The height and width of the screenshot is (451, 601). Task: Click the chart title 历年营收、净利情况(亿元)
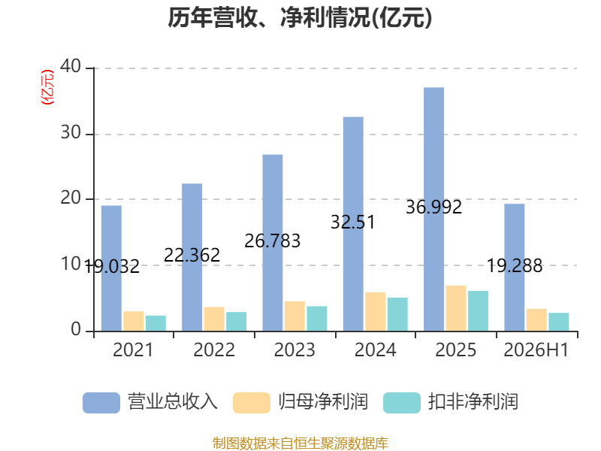point(300,17)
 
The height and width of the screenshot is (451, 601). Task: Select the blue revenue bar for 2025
point(434,209)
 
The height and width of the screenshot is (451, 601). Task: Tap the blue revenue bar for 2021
point(111,268)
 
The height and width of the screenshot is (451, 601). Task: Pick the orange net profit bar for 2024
point(375,311)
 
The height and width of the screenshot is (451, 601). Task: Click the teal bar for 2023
point(317,318)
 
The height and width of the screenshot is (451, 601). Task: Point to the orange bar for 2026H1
point(536,320)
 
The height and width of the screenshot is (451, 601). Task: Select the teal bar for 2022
point(236,322)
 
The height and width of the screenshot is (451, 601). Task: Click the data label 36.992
point(434,207)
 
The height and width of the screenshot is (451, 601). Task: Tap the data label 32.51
point(353,222)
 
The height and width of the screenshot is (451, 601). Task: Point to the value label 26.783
point(273,241)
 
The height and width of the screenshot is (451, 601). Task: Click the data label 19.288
point(515,266)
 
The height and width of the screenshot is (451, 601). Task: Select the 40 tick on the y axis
point(71,66)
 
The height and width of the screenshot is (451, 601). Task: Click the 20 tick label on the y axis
point(71,198)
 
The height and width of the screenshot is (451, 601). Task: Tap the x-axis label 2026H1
point(536,350)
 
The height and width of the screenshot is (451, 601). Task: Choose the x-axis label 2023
point(294,350)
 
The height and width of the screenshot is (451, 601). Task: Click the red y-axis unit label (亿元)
point(47,87)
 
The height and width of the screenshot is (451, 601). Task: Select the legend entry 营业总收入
point(150,402)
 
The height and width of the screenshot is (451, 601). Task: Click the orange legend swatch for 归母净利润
point(252,403)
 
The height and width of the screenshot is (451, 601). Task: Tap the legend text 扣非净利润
point(473,402)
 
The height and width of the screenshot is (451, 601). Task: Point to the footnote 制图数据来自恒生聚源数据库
point(300,443)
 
